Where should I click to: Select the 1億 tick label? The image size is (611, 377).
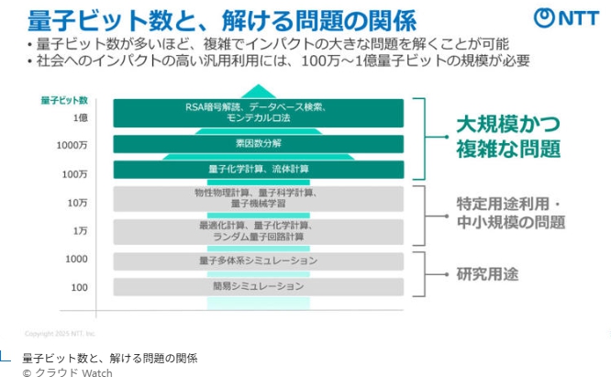click(x=81, y=118)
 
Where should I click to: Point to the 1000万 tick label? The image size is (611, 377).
click(x=73, y=146)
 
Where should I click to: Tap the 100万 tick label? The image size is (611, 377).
click(x=75, y=174)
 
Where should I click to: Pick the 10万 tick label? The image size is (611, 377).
click(x=78, y=203)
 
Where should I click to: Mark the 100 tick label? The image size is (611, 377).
click(x=79, y=287)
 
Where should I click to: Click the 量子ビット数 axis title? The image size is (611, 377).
click(x=64, y=99)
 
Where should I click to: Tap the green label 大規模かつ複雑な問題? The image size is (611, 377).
click(x=508, y=136)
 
